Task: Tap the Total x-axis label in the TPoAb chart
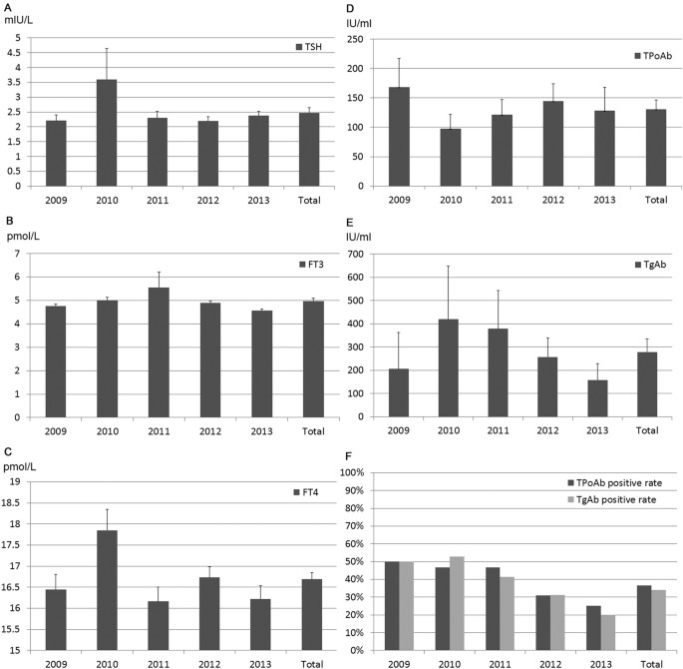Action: pyautogui.click(x=653, y=200)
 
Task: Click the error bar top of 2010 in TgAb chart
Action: pyautogui.click(x=450, y=266)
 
